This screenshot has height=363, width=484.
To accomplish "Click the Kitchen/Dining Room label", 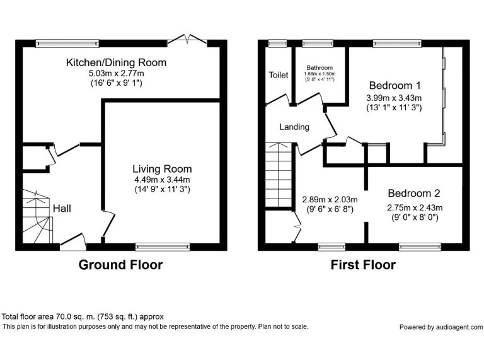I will coord(117,62).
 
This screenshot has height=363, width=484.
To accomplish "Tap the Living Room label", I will coord(162,169).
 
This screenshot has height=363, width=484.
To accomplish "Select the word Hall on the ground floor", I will coord(62,209).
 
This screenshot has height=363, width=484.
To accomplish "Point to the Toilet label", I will coord(279,75).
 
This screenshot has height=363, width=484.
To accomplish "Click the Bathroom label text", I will coord(320,67).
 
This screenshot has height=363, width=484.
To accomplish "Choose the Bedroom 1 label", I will coord(395,85).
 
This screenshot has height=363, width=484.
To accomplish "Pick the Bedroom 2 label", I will coord(413,193).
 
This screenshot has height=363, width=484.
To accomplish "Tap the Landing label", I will coord(294,127).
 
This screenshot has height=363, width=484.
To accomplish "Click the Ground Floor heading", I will coord(120,265).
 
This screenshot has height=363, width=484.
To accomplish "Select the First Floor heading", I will coord(363,265).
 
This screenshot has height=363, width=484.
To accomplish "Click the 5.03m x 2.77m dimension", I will coord(117,74).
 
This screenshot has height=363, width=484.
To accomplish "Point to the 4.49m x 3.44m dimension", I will coord(162,180).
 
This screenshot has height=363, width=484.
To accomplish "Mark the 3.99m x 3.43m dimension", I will coord(395,98).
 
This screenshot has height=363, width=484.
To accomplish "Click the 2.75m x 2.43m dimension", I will coord(414,207).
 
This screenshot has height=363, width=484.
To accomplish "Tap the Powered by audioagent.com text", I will coord(441,327).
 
